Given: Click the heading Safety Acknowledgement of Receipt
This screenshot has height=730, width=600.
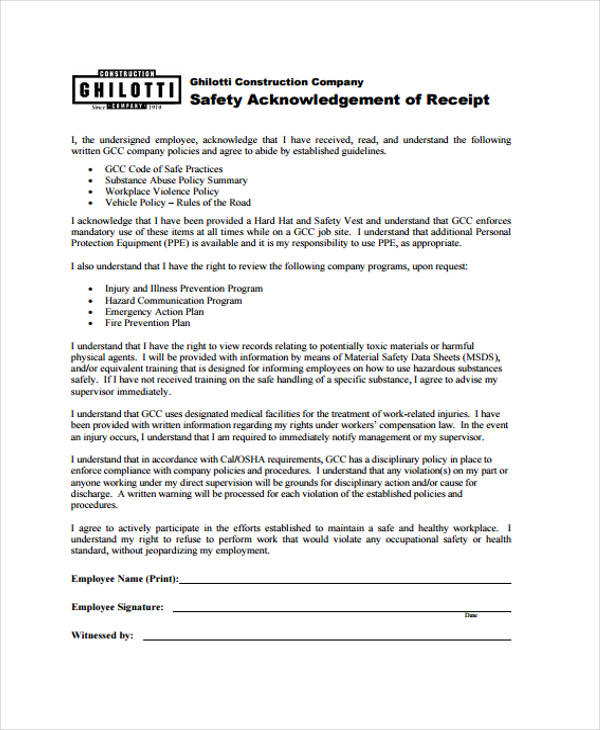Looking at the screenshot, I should pyautogui.click(x=339, y=100).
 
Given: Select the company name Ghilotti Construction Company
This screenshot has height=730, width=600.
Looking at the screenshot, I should pyautogui.click(x=276, y=82).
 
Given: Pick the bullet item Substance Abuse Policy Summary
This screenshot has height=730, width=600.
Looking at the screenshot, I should pyautogui.click(x=176, y=180).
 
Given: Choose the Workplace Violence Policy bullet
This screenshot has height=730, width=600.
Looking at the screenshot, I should pyautogui.click(x=162, y=191).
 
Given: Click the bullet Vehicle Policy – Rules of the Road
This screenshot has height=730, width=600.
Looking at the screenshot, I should pyautogui.click(x=179, y=202).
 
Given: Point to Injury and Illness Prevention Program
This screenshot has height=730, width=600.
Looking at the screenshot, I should pyautogui.click(x=184, y=289).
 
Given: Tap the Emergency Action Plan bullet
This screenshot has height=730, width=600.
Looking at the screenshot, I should pyautogui.click(x=154, y=312).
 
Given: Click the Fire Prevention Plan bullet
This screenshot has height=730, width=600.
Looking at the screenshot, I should pyautogui.click(x=147, y=323).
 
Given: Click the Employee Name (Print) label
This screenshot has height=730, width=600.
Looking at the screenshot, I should pyautogui.click(x=124, y=579).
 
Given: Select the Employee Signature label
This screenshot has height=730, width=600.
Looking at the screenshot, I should pyautogui.click(x=118, y=607).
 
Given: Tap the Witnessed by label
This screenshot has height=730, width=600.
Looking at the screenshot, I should pyautogui.click(x=102, y=635).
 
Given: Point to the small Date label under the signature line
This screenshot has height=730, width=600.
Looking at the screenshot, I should pyautogui.click(x=471, y=616).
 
